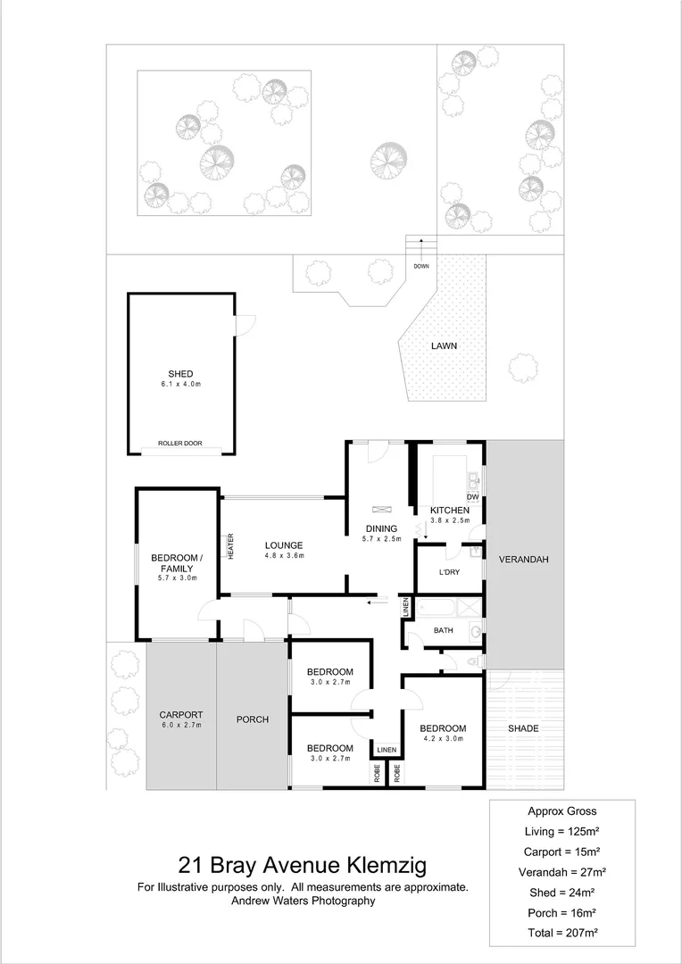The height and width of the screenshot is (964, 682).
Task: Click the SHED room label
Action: [x=180, y=374]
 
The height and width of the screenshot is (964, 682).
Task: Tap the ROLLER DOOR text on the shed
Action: [x=180, y=444]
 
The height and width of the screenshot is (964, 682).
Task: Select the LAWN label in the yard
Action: [x=445, y=345]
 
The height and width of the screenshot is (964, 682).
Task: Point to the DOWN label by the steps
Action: [x=420, y=267]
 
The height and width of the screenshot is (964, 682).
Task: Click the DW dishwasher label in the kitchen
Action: [x=472, y=497]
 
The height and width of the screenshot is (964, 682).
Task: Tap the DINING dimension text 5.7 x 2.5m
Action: [x=379, y=539]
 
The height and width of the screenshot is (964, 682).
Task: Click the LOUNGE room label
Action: [x=284, y=545]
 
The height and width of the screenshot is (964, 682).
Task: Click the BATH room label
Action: [x=444, y=630]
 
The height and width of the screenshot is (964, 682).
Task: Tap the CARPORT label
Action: [x=181, y=715]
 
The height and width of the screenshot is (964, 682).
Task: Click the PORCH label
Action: [x=252, y=719]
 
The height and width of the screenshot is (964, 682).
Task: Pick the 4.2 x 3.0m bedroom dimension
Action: [x=443, y=739]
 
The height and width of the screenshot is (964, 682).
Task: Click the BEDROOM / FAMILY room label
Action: [x=176, y=563]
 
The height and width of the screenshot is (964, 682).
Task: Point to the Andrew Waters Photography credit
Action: [x=303, y=902]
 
